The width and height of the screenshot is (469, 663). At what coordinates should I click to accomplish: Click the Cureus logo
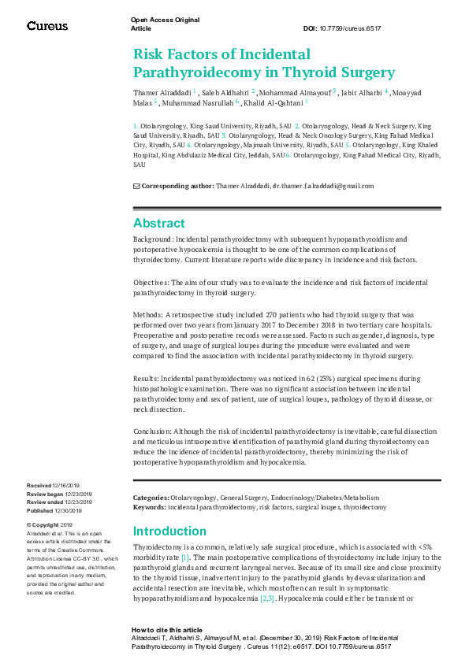point(47,26)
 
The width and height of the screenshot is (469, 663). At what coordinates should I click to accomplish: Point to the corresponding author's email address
point(323,186)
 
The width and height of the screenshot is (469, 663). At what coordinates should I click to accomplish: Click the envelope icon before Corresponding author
point(136,186)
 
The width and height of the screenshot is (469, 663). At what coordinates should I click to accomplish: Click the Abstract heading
point(158,223)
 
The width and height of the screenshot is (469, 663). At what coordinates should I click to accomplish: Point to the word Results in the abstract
point(147,379)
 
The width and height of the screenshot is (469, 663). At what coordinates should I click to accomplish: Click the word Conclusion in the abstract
point(153,432)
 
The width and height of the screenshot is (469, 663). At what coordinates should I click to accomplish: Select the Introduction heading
point(169,531)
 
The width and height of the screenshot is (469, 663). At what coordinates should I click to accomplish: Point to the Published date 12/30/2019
point(69,509)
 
